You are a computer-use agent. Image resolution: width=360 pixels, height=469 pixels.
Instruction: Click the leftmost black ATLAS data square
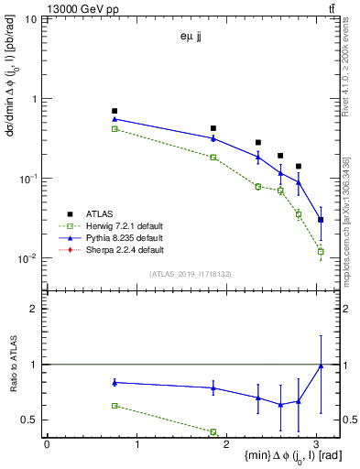point(115,111)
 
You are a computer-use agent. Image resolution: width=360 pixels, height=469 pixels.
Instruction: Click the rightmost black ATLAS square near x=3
point(321,220)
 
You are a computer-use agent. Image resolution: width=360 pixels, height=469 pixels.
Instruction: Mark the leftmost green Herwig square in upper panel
point(115,129)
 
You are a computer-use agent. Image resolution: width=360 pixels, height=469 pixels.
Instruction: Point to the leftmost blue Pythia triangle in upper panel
point(115,119)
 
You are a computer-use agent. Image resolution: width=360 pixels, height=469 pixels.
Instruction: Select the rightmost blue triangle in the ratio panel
point(321,365)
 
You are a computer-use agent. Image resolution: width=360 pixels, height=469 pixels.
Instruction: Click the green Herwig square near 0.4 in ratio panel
point(213,431)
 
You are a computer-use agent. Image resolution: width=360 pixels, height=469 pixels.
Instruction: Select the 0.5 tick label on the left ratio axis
point(30,420)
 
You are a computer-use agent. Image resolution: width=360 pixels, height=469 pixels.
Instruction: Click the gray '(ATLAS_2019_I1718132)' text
point(189,274)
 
